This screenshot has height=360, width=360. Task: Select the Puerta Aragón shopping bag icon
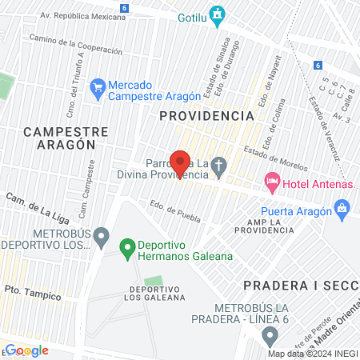[x=342, y=210]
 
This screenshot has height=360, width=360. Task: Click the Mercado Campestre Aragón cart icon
[x=98, y=89]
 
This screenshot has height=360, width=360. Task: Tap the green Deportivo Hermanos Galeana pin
[x=126, y=250]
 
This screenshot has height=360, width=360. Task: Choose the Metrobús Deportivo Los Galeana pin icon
[x=101, y=236]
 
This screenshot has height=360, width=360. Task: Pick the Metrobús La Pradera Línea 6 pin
[x=270, y=335]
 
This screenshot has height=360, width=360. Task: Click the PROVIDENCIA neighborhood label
[x=206, y=116]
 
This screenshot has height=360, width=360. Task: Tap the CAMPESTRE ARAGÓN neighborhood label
[x=59, y=137]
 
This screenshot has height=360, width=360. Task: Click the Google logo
[x=26, y=350]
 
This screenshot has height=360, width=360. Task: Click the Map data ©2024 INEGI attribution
[x=312, y=354]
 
